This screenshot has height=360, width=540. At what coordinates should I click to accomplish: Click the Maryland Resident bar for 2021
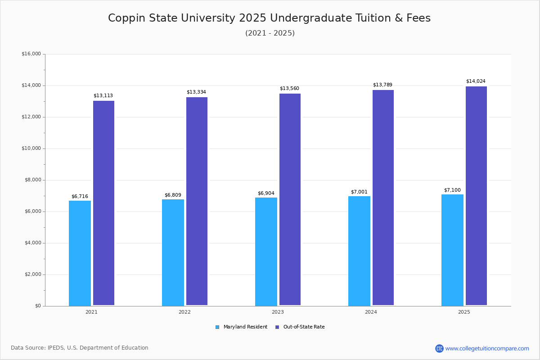[x=80, y=253]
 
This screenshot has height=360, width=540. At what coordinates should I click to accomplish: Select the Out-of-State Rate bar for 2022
[x=197, y=201]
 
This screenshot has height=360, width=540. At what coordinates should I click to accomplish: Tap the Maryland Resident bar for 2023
[x=266, y=252]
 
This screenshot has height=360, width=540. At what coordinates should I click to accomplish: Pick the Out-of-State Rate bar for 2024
[x=383, y=198]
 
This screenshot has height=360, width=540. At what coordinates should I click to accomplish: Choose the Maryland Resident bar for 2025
[x=452, y=250]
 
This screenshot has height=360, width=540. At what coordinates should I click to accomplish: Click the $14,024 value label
[x=476, y=81]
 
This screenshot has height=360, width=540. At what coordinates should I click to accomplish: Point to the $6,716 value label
[x=80, y=197]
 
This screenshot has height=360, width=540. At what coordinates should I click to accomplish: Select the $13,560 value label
[x=289, y=89]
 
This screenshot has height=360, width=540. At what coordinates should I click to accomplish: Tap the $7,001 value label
[x=359, y=192]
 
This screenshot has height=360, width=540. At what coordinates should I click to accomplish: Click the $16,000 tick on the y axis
[x=31, y=54]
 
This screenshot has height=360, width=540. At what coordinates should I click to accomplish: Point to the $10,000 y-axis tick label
[x=31, y=148]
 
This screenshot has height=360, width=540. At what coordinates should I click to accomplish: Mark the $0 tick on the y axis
[x=37, y=306]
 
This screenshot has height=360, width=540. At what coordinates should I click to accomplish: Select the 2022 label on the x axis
[x=184, y=312]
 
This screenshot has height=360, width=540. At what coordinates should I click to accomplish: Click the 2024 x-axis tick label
[x=371, y=312]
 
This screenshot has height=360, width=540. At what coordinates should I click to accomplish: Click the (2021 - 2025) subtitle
[x=270, y=33]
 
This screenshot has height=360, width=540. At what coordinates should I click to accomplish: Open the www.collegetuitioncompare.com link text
[x=487, y=348]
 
